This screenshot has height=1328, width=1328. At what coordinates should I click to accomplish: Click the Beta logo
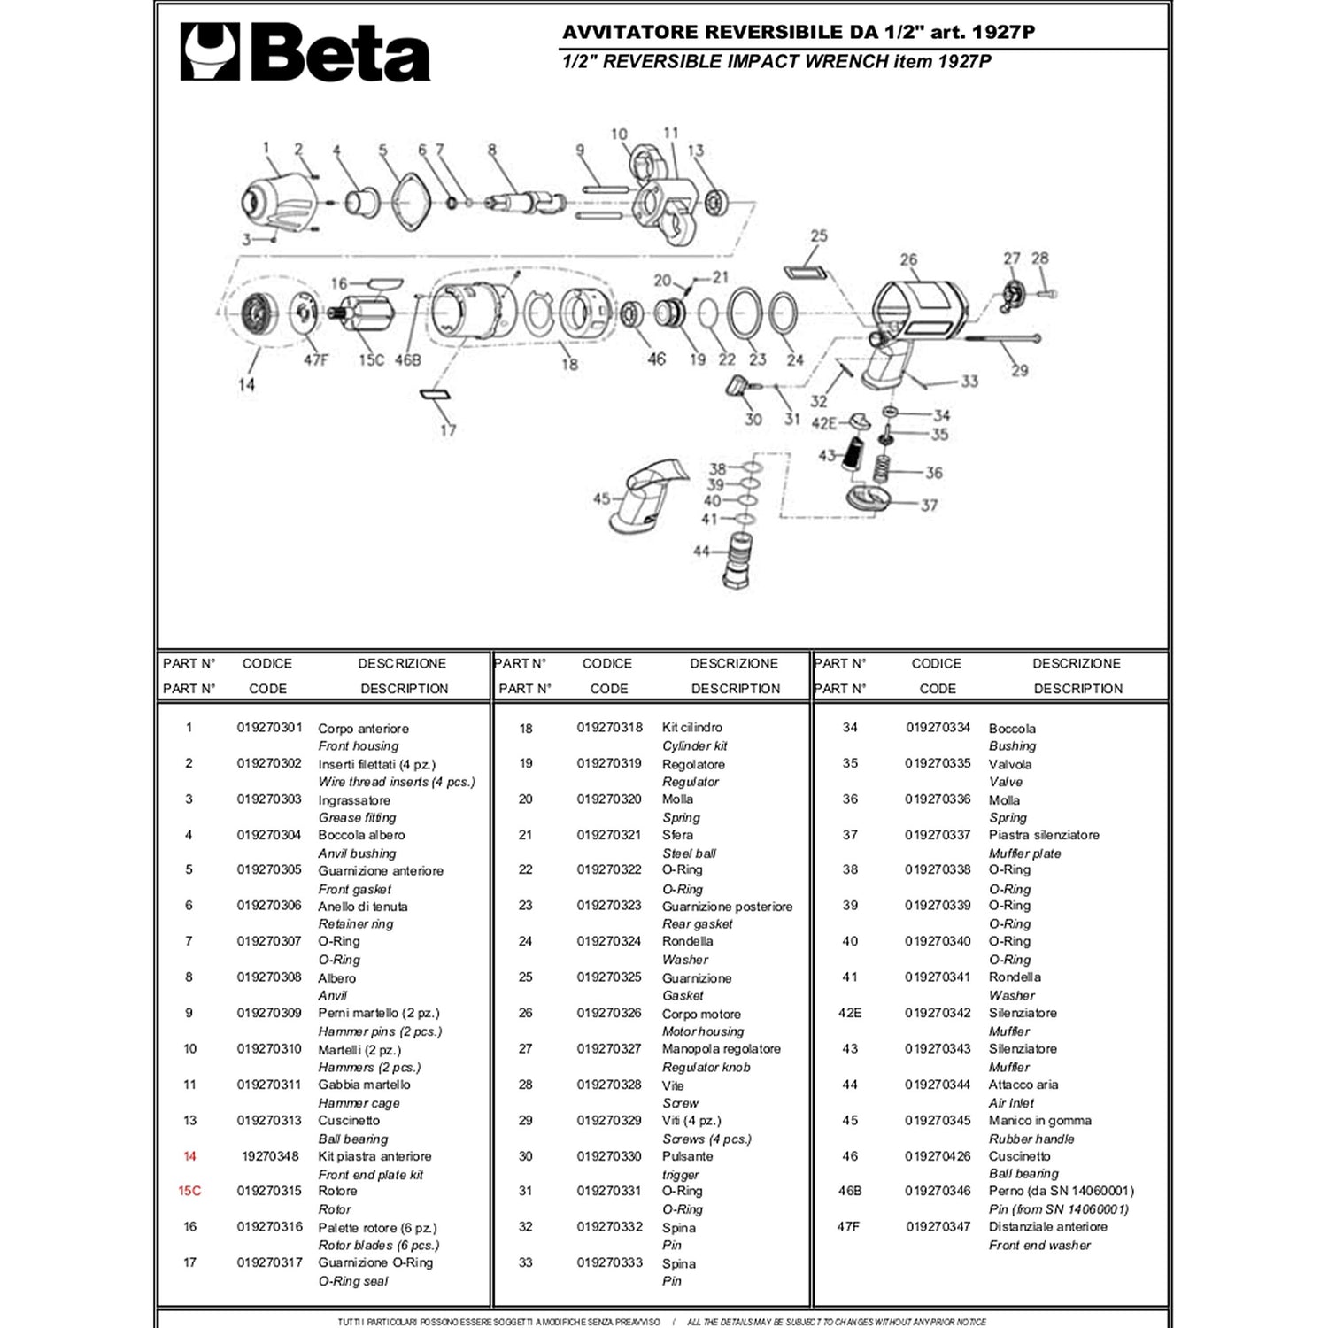pos(305,52)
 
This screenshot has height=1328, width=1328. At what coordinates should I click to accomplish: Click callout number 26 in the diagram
pos(908,259)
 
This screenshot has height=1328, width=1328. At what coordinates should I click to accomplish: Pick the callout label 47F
pos(315,360)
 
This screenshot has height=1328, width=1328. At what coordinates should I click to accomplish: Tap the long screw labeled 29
pos(1000,338)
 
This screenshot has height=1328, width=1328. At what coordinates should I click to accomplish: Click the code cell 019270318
pos(609,728)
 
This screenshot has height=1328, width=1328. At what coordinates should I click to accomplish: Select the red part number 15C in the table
pos(189,1191)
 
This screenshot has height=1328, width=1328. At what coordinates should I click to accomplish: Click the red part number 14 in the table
pos(189,1156)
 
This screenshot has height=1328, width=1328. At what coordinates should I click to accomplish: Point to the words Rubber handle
pos(1031,1139)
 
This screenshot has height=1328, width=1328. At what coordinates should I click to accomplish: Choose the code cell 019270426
pos(938,1156)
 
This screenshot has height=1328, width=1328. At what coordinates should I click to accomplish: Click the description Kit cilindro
pos(691,728)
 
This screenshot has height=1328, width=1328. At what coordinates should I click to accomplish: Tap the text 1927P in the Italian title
pos(1003,33)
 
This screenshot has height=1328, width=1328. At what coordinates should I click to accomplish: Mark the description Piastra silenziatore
pos(1044,835)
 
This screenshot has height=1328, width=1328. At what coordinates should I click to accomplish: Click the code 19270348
pos(270,1156)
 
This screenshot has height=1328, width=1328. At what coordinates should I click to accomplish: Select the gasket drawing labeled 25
pos(806,269)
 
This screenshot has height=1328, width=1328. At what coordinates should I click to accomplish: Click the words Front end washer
pos(1039,1245)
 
